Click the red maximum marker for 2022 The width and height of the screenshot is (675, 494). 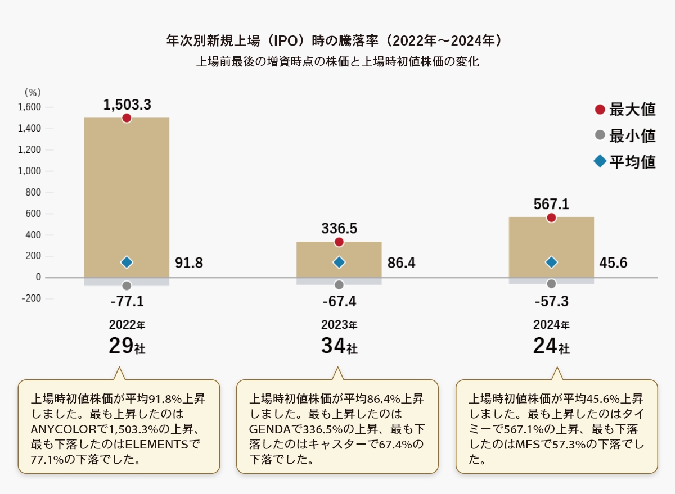click(x=127, y=118)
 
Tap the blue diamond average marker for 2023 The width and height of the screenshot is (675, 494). click(x=339, y=262)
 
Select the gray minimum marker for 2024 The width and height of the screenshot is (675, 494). click(x=551, y=284)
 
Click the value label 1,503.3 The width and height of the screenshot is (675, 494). click(x=127, y=104)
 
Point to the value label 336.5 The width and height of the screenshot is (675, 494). click(x=339, y=228)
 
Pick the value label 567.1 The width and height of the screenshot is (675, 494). click(x=551, y=205)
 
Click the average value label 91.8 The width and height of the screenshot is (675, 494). click(x=189, y=262)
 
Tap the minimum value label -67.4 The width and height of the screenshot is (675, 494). click(x=339, y=302)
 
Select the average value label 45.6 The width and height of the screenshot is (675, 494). click(x=613, y=262)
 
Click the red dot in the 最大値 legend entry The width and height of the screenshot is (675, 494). click(x=600, y=110)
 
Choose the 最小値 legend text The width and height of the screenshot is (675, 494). click(x=633, y=136)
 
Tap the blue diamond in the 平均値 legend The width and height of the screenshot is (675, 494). click(x=600, y=162)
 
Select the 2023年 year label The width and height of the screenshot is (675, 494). click(x=339, y=325)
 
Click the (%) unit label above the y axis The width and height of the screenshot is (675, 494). click(x=33, y=92)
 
